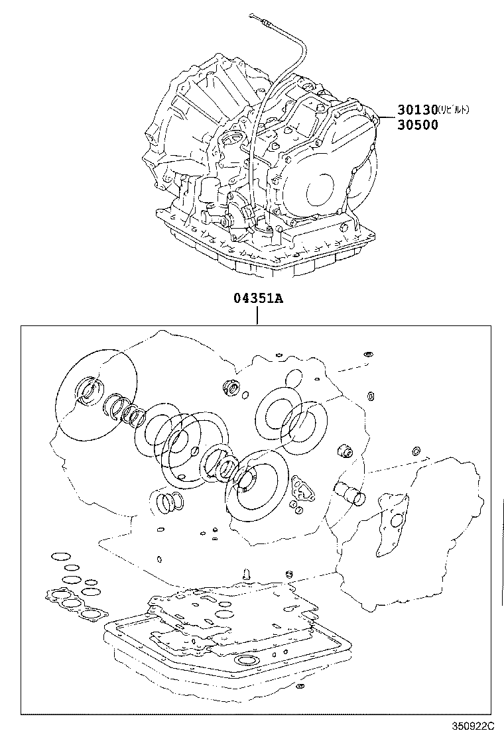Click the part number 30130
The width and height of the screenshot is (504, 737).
(x=418, y=110)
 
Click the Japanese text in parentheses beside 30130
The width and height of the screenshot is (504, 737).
(x=454, y=110)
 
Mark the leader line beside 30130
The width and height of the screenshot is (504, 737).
(x=386, y=117)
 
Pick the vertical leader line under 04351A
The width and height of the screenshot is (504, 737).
(x=257, y=316)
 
